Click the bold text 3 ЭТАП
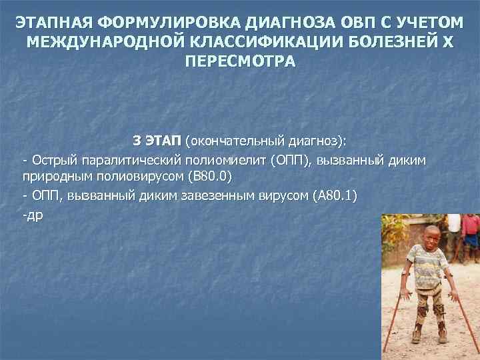[x=157, y=141]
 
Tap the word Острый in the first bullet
[x=50, y=161]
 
